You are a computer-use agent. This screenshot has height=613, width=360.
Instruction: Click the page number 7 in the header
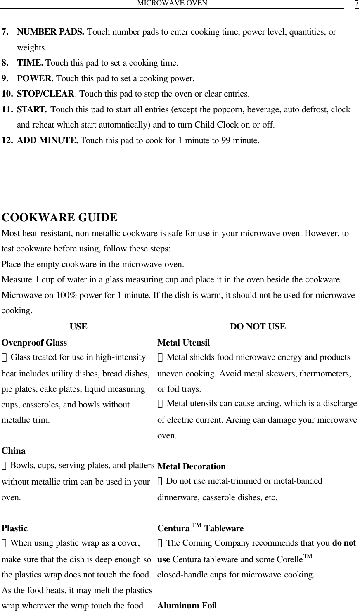(x=356, y=4)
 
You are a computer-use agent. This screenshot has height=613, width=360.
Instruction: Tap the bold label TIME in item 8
(x=31, y=63)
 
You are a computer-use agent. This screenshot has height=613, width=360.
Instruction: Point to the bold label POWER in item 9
(x=36, y=78)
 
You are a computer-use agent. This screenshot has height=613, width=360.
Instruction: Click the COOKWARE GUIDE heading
(x=60, y=217)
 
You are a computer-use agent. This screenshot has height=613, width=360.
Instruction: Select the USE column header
(x=78, y=327)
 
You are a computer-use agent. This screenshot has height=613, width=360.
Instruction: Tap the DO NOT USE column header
(x=258, y=327)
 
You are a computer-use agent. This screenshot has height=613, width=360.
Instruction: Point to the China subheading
(x=14, y=451)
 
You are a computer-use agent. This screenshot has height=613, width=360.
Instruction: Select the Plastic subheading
(x=15, y=528)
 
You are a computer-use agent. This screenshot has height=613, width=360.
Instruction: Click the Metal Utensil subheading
(x=184, y=343)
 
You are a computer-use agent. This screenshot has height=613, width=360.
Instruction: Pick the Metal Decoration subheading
(x=192, y=466)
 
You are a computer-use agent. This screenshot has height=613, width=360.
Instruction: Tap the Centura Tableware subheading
(x=201, y=528)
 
